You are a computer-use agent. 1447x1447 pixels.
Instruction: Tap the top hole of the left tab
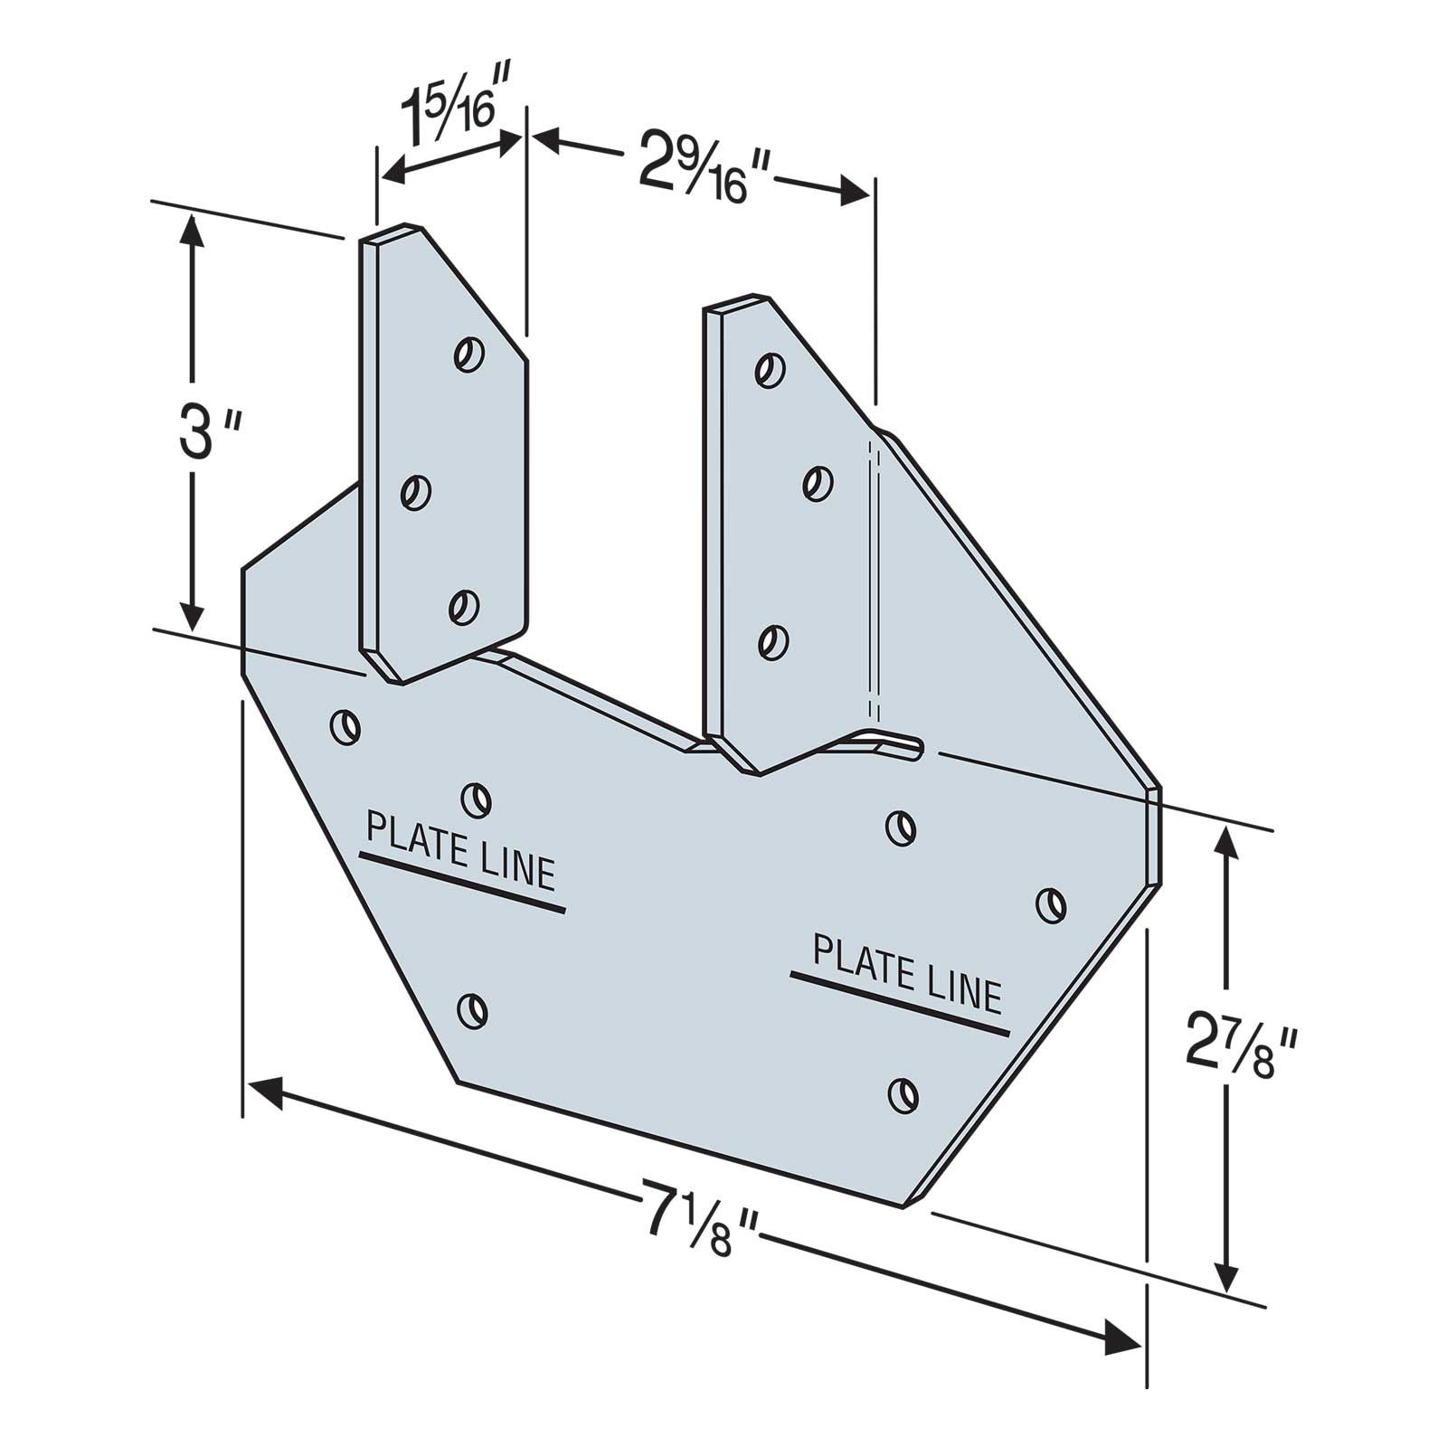coord(468,354)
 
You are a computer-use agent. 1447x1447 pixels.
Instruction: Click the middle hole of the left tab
coord(415,494)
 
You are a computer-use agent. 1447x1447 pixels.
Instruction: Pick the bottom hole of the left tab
coord(463,606)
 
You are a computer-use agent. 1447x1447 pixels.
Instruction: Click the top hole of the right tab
coord(770,370)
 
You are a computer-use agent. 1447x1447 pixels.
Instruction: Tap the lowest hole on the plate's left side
coord(472,1009)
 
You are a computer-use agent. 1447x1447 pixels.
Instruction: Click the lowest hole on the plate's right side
coord(902,1093)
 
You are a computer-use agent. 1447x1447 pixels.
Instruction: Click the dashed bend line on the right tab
coord(874,579)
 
